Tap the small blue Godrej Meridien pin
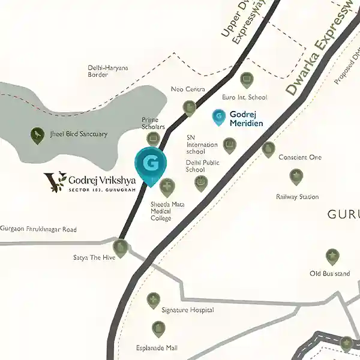click(x=219, y=116)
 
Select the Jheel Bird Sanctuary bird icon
click(x=37, y=134)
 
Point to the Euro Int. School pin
click(x=246, y=79)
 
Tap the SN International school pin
click(x=229, y=145)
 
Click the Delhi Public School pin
click(x=201, y=182)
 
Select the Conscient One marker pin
click(x=269, y=149)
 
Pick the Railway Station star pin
click(x=296, y=176)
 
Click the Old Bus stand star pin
click(x=332, y=257)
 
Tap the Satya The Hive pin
click(x=121, y=247)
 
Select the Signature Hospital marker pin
click(x=154, y=299)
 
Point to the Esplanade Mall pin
click(x=158, y=328)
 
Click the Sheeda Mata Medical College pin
click(x=167, y=187)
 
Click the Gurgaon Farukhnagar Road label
click(x=38, y=230)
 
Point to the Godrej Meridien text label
click(x=246, y=119)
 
